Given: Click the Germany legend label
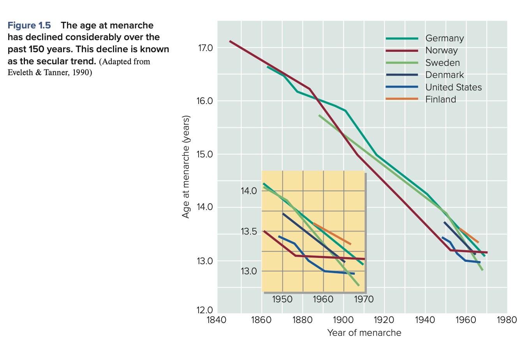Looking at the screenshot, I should (x=444, y=38).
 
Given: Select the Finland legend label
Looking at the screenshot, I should (x=440, y=99).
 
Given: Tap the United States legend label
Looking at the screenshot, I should (x=453, y=87).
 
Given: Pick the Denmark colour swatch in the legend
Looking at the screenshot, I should (x=402, y=75).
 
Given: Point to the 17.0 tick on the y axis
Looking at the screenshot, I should (x=205, y=48).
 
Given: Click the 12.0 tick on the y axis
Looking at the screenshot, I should (x=205, y=311).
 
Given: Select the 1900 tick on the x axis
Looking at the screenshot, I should (x=343, y=320).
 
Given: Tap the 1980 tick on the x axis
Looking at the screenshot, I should (x=507, y=320).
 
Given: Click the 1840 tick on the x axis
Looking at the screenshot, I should (x=217, y=320).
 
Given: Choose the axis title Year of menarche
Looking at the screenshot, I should (x=364, y=333).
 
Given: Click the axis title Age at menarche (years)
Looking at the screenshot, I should (x=186, y=167).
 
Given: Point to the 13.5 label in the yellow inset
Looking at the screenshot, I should (x=249, y=232).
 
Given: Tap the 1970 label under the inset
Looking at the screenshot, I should (x=364, y=299).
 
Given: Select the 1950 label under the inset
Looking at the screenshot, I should (x=282, y=299).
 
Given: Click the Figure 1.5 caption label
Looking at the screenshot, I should (x=29, y=26).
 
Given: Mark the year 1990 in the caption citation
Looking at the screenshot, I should (x=81, y=73).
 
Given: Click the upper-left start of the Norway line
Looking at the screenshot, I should (x=231, y=41).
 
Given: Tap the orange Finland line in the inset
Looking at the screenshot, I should (x=332, y=234).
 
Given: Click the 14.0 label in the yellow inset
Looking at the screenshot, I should (x=249, y=191).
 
